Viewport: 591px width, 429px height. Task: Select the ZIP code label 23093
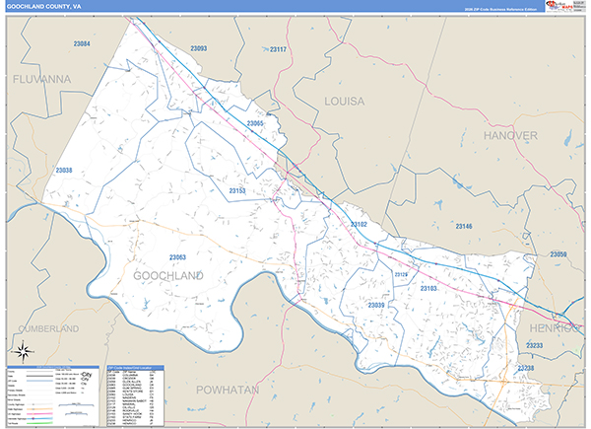[x=198, y=48]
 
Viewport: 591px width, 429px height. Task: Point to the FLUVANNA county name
[x=36, y=77]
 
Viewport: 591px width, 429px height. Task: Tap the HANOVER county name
[x=510, y=134]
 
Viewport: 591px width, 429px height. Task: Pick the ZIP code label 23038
[x=64, y=171]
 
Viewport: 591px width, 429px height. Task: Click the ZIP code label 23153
[x=237, y=190]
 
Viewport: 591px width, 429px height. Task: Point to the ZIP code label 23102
[x=359, y=225]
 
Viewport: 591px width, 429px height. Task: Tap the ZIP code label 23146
[x=464, y=227]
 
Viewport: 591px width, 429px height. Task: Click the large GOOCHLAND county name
[x=167, y=276]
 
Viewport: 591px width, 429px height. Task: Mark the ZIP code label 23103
[x=428, y=288]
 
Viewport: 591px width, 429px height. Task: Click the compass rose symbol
[x=21, y=350]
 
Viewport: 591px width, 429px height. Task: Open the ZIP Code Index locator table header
[x=134, y=368]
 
